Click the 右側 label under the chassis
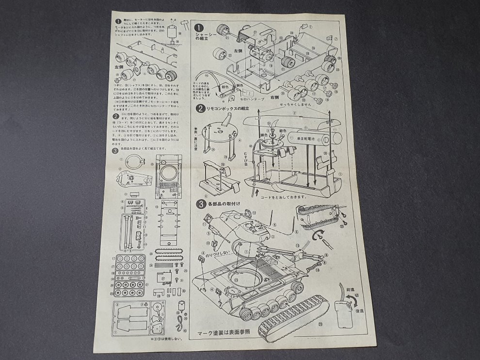(x=274, y=97)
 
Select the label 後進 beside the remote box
(x=360, y=311)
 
